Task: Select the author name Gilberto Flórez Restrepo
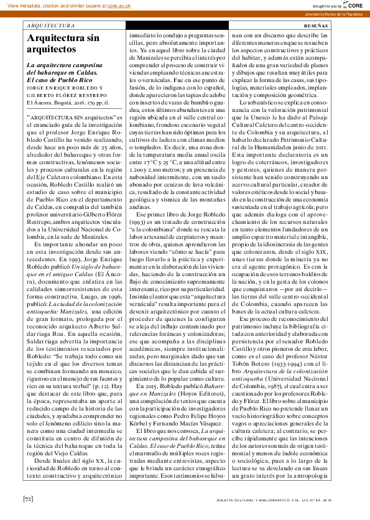[x=62, y=95]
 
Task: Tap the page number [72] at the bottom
[x=28, y=498]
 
